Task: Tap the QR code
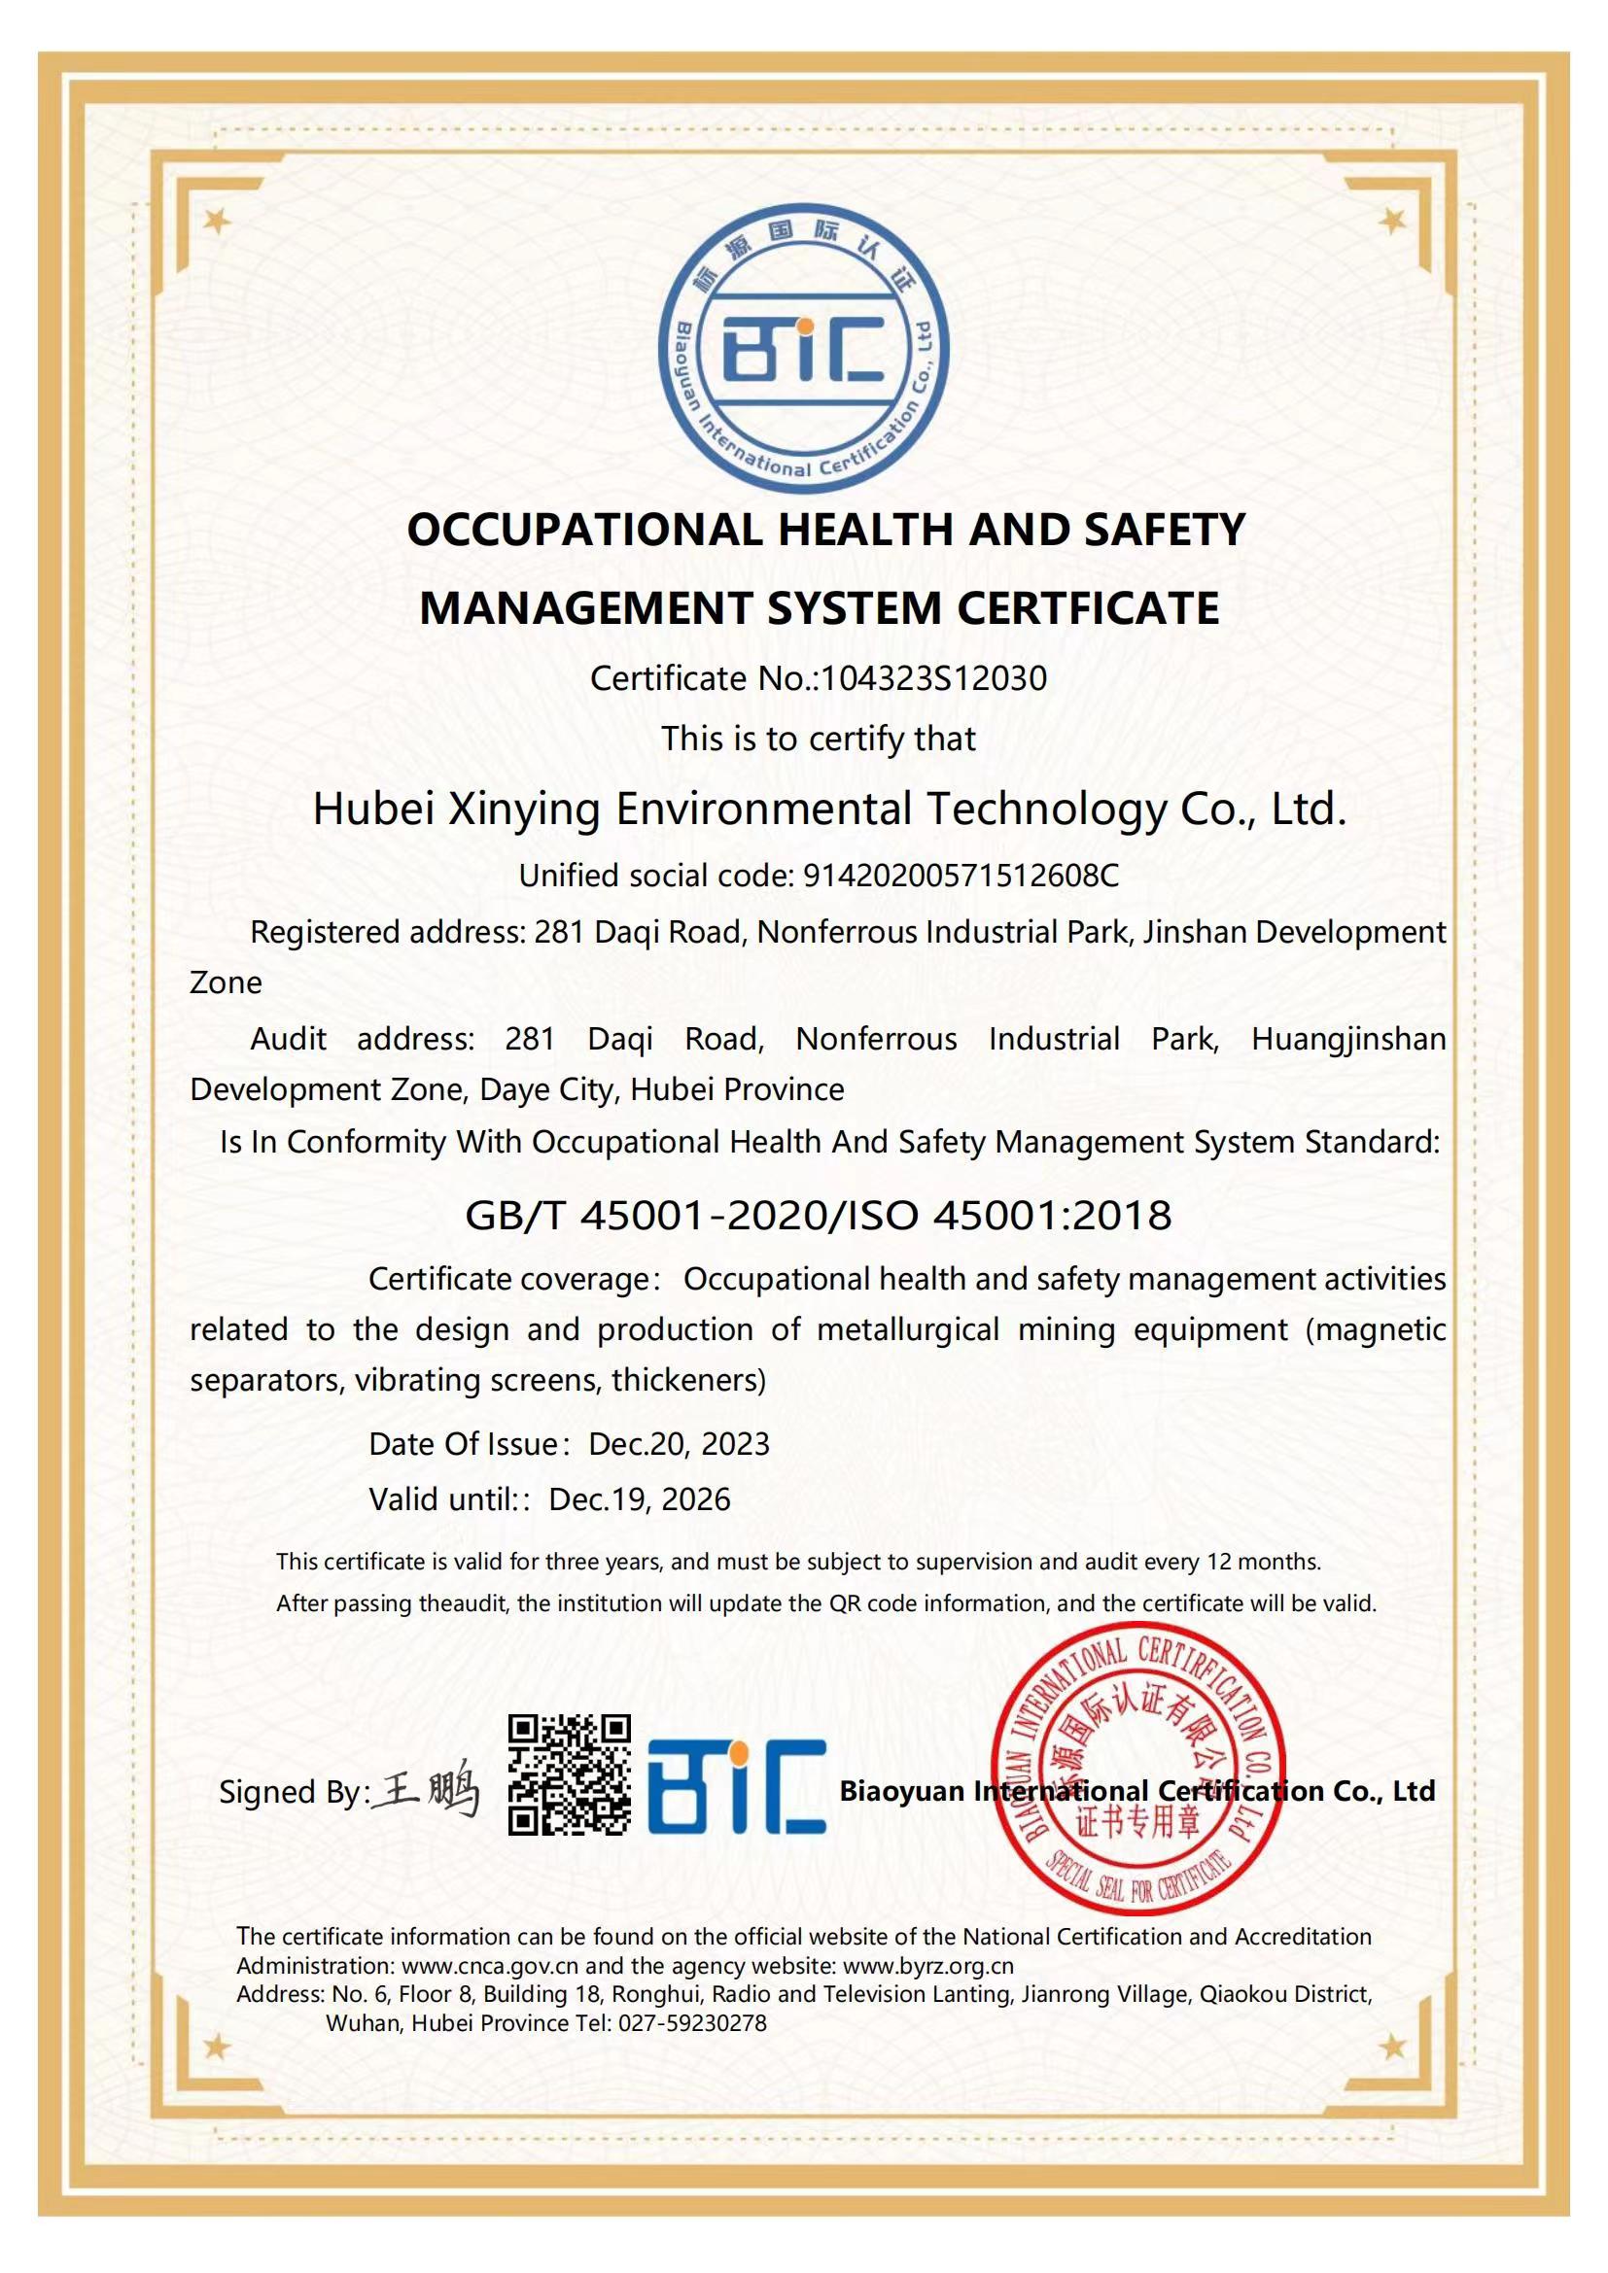point(570,1775)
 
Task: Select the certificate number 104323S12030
point(933,679)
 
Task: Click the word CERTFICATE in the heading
point(1088,607)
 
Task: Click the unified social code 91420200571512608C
point(961,876)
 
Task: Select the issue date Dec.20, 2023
point(679,1444)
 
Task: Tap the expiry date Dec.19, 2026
point(639,1499)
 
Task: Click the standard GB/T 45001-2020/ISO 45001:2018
point(818,1215)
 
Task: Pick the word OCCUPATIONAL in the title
point(585,531)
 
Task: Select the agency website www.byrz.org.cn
point(927,1966)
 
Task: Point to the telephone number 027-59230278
point(692,2022)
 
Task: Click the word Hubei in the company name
point(373,809)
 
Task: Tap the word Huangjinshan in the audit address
point(1348,1039)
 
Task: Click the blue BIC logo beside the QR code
point(737,1786)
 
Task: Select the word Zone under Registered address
point(226,983)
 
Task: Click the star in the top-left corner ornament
point(217,221)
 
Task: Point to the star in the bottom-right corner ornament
point(1392,2047)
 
